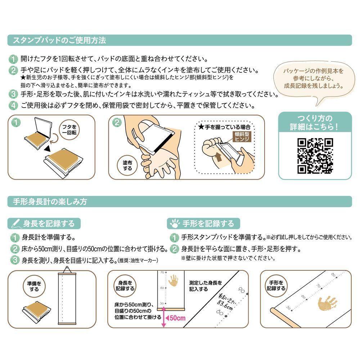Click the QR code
[315, 156]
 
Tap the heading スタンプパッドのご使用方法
[59, 40]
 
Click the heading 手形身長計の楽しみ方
[50, 202]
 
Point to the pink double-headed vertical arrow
[163, 317]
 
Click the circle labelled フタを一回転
[69, 130]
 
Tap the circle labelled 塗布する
[127, 166]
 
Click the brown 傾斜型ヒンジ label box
[242, 136]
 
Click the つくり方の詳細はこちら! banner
[315, 122]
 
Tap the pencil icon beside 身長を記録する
[15, 224]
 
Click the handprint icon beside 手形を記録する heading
[175, 224]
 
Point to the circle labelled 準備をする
[34, 286]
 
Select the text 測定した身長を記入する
[206, 286]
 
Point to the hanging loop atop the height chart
[67, 270]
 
